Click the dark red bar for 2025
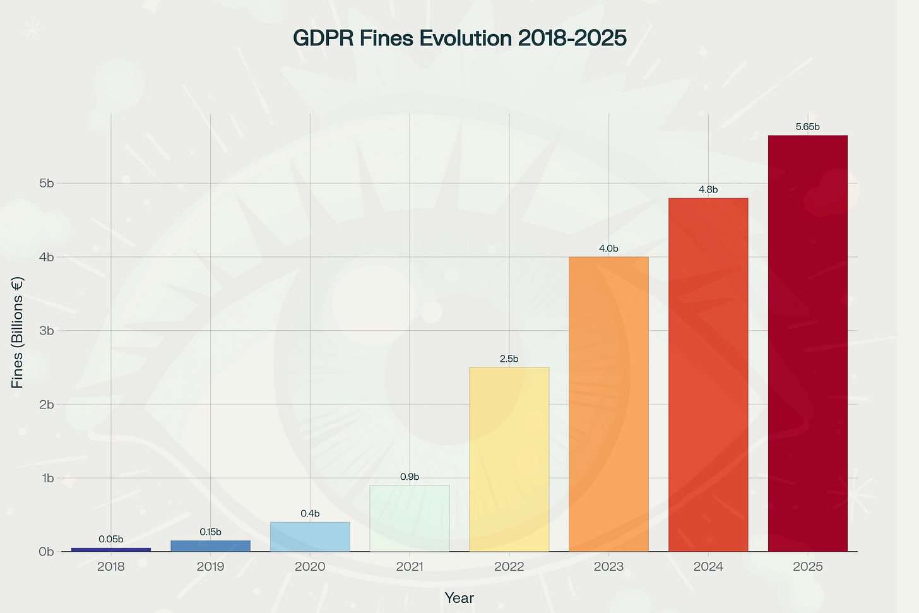click(807, 343)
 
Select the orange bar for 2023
click(608, 404)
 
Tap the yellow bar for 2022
click(509, 459)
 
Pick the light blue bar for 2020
click(310, 537)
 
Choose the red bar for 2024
click(708, 374)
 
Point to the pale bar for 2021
click(410, 518)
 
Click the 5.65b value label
click(807, 127)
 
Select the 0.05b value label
click(111, 539)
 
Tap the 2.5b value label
click(509, 359)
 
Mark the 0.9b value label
click(410, 477)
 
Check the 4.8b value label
click(708, 189)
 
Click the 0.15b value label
click(210, 532)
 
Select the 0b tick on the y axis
click(47, 552)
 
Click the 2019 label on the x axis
click(210, 567)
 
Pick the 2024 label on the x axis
click(708, 567)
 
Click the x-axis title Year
click(459, 598)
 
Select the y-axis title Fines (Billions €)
click(18, 333)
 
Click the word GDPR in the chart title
click(323, 39)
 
